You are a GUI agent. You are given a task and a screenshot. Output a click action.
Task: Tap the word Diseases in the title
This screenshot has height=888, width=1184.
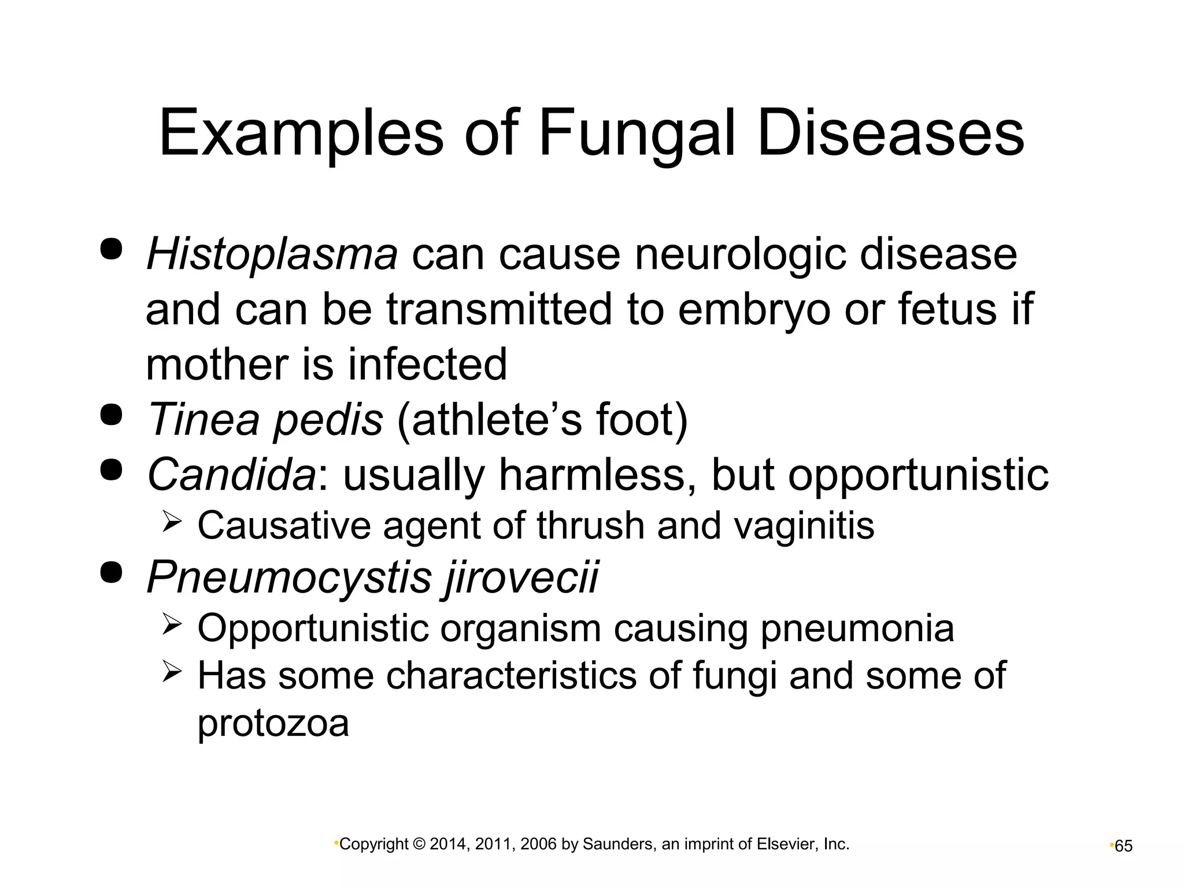click(890, 134)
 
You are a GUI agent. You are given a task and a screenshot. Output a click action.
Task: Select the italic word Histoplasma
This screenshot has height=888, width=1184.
click(272, 254)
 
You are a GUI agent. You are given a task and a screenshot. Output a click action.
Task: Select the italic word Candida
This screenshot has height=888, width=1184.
click(231, 475)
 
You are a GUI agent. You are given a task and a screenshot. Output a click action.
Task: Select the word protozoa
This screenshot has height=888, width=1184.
click(273, 723)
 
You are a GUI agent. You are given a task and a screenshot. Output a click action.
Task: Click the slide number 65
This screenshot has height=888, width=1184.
click(1123, 846)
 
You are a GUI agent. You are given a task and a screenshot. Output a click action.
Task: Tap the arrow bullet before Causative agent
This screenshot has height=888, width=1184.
click(172, 524)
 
